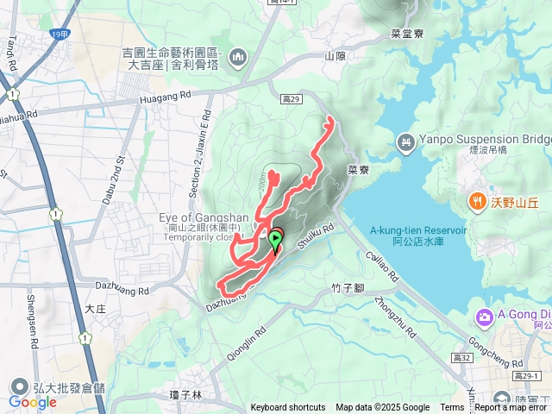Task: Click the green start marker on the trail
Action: click(275, 239)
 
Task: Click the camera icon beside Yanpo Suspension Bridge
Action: click(405, 141)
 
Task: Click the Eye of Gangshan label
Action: click(204, 216)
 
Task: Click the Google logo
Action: click(32, 402)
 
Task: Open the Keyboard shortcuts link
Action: click(288, 408)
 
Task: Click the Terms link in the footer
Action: click(452, 408)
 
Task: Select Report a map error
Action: click(511, 408)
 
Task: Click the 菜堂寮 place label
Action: click(405, 34)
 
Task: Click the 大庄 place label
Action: click(95, 307)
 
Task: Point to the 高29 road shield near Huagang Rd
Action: click(291, 100)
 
